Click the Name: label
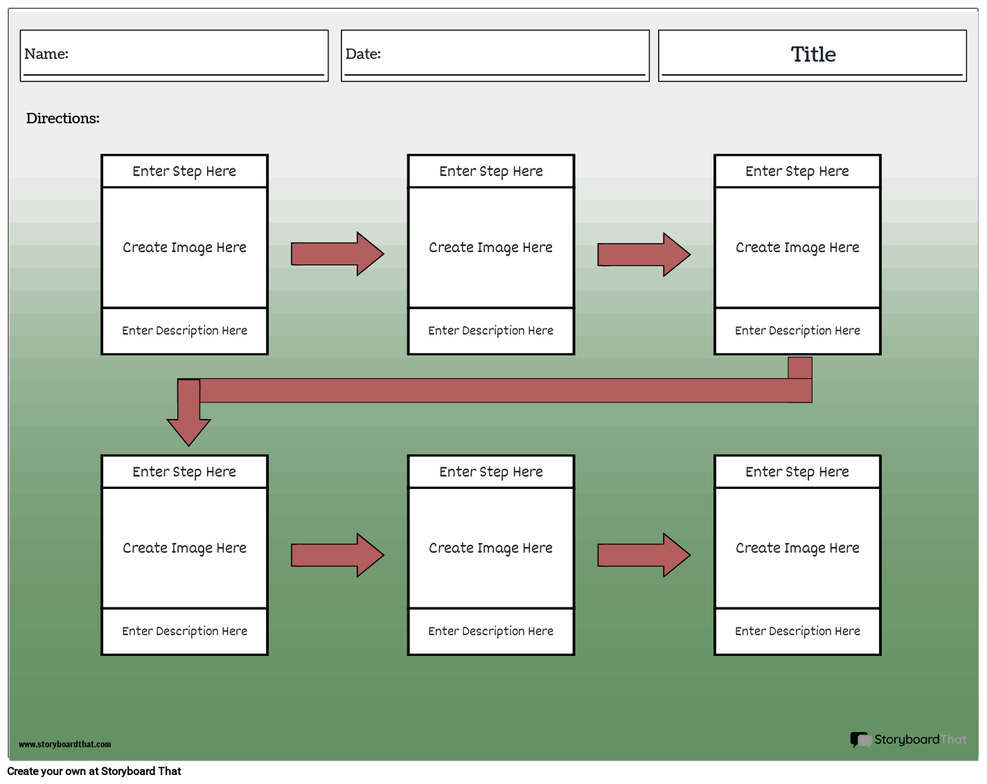[x=46, y=54]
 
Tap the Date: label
[x=363, y=54]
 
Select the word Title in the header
[x=813, y=55]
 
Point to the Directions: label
[x=63, y=118]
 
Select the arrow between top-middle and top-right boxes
[x=643, y=254]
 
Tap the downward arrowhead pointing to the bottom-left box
[x=188, y=430]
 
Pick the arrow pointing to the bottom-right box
[x=643, y=555]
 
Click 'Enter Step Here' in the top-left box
[x=184, y=171]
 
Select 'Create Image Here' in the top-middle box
[x=490, y=248]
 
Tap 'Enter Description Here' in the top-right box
[x=797, y=331]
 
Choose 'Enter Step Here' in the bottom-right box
[x=797, y=472]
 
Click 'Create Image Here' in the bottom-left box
[x=184, y=549]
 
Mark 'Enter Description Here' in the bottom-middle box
[x=490, y=632]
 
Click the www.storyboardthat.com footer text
[x=64, y=745]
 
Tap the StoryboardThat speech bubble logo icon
[x=860, y=740]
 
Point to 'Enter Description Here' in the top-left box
[x=184, y=331]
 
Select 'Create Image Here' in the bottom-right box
[x=797, y=549]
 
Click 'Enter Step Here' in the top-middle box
[x=490, y=171]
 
